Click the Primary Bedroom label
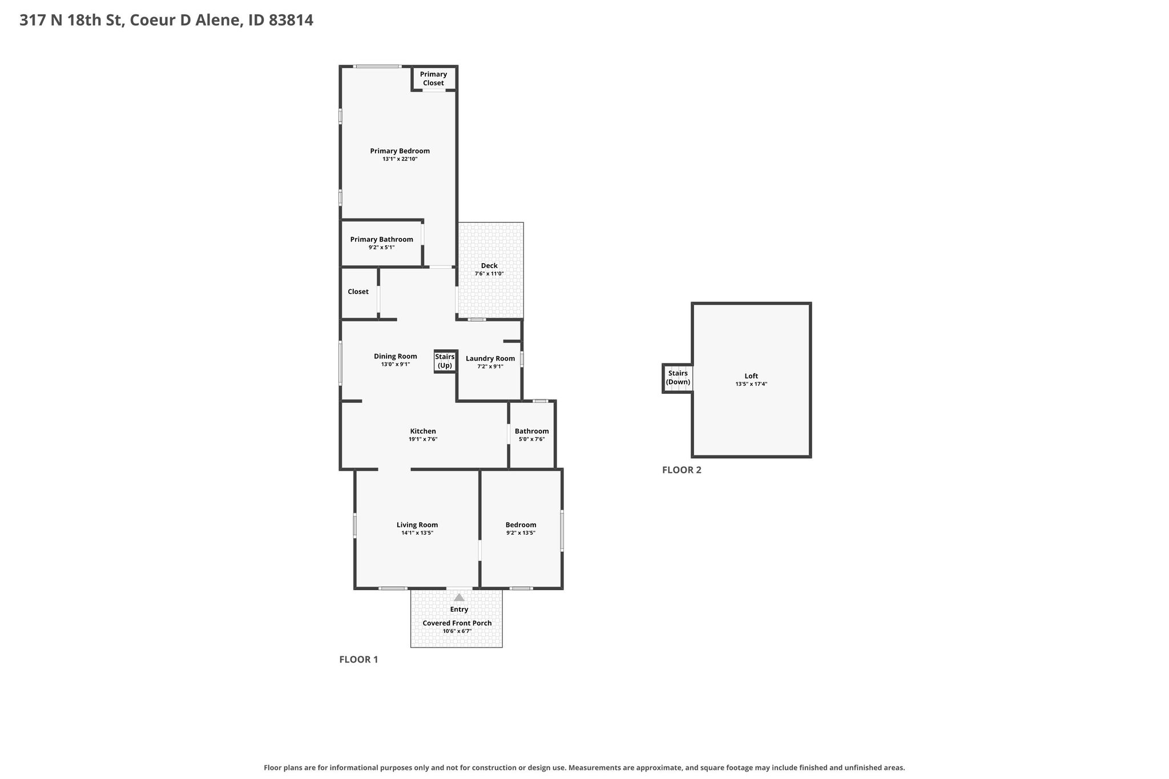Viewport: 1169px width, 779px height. (x=400, y=151)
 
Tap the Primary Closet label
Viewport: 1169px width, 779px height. (x=433, y=79)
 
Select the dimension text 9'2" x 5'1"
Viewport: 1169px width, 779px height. (x=381, y=248)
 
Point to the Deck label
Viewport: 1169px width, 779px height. (x=489, y=266)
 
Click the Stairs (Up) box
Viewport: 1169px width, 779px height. (x=445, y=361)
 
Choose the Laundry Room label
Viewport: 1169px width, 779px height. (x=490, y=359)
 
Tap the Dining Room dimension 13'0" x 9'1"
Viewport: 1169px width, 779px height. (x=396, y=365)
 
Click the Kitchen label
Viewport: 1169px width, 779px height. (x=423, y=431)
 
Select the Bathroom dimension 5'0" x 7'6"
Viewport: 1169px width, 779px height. (x=531, y=439)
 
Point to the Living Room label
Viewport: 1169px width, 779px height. (x=417, y=525)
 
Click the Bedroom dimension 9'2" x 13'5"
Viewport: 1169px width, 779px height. (x=521, y=533)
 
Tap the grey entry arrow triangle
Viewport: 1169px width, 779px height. (x=459, y=598)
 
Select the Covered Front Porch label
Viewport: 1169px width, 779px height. (x=457, y=623)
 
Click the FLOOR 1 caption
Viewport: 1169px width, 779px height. (x=358, y=660)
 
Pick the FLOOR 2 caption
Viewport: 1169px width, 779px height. (x=682, y=470)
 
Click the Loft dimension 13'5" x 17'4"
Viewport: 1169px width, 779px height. (x=751, y=384)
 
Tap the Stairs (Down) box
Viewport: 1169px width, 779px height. (x=678, y=378)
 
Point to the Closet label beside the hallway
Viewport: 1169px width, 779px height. (x=358, y=292)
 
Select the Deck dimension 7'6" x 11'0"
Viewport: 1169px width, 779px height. (x=489, y=274)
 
